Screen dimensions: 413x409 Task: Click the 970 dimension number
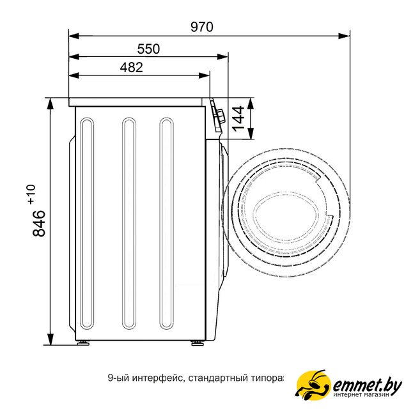[202, 27]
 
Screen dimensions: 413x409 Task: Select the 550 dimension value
[148, 49]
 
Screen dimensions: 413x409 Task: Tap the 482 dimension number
[132, 67]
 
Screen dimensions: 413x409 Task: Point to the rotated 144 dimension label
[238, 118]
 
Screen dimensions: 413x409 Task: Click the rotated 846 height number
[39, 223]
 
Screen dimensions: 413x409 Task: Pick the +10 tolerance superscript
[31, 194]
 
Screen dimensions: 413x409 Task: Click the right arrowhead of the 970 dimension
[344, 36]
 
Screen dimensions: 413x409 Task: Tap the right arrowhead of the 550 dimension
[222, 56]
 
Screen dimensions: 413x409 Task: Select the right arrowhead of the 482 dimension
[205, 75]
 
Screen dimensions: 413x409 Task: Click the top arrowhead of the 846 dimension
[50, 104]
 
